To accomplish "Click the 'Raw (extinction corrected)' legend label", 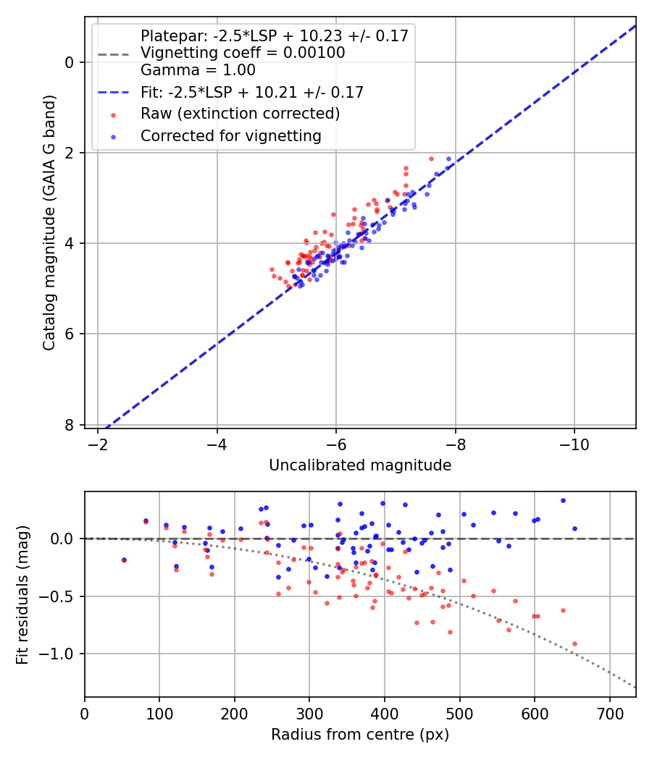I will (x=240, y=114).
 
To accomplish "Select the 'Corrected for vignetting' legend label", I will (x=230, y=135).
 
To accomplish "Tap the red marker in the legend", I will (x=112, y=114).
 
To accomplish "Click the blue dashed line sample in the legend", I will (x=112, y=93).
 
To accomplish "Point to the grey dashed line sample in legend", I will (x=112, y=54).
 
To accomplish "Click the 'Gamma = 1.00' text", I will (x=198, y=70).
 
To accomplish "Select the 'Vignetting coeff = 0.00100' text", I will (x=243, y=53).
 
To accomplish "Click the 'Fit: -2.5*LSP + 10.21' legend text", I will (x=252, y=92).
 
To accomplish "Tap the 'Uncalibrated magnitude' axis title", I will (x=360, y=465).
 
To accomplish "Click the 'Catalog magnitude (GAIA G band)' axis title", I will (x=49, y=222).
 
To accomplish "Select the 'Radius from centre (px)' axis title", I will (x=360, y=735).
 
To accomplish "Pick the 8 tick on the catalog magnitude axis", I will (x=70, y=425).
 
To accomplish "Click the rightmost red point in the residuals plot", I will (x=574, y=643).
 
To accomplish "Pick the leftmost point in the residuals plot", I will (x=124, y=560).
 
